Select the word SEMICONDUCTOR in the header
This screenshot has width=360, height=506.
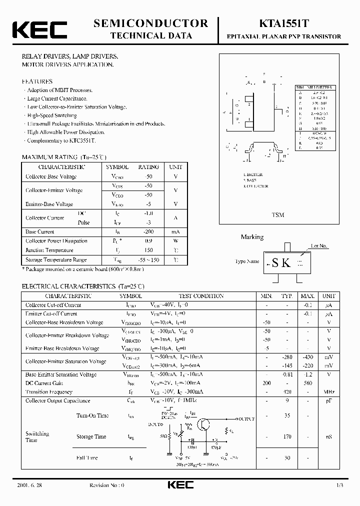150,23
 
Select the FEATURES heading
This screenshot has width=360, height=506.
36,81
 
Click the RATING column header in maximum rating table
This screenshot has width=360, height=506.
148,167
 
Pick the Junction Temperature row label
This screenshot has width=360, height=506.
49,250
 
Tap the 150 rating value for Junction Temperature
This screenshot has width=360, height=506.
148,250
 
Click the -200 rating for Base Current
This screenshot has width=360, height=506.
148,231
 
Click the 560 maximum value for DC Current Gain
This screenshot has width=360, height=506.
307,383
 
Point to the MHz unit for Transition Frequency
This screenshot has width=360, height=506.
329,392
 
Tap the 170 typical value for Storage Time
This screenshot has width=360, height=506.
286,436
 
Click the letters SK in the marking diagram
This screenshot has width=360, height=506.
281,263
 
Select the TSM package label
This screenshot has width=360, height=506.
278,215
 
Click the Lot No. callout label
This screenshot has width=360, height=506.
318,246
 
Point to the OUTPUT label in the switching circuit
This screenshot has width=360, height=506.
245,418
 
